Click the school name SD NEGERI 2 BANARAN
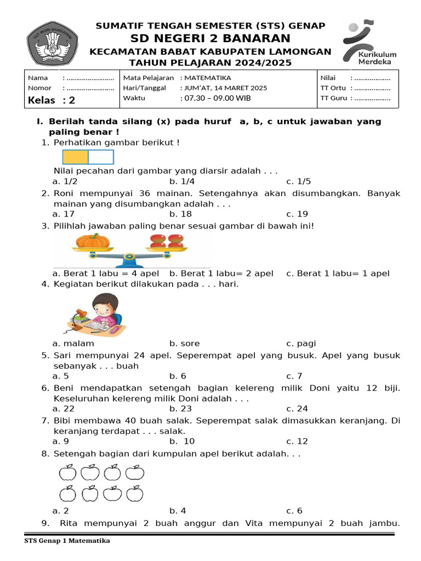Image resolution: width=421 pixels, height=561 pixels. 210,38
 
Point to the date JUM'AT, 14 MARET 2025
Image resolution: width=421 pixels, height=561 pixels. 225,88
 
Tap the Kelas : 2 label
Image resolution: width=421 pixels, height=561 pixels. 51,100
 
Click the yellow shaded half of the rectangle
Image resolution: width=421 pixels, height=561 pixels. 76,157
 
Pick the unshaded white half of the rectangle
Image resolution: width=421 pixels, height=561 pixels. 101,157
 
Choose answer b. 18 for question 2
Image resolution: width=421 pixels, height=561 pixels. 180,214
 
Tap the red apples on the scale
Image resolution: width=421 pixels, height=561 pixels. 168,241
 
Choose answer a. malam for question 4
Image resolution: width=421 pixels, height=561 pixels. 73,344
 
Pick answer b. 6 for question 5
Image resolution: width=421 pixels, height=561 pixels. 178,376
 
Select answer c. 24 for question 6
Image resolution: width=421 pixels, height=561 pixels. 297,408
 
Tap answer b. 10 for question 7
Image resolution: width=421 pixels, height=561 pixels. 182,441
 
